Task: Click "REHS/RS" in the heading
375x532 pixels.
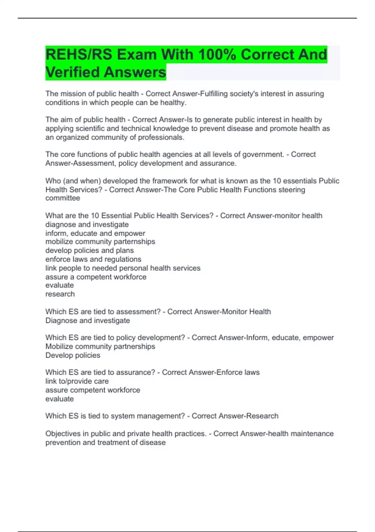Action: tap(79, 54)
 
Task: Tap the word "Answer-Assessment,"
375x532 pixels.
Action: tap(81, 163)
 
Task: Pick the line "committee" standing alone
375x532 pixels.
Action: tap(63, 198)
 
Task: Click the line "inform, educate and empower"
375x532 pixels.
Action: tap(95, 233)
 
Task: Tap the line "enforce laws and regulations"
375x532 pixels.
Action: tap(93, 259)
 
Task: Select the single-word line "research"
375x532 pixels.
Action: tap(60, 294)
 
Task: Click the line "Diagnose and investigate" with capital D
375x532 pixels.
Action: tap(87, 320)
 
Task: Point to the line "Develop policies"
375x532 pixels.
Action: tap(73, 355)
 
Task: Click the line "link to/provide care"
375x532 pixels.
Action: tap(77, 381)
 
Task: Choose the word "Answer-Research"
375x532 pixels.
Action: tap(235, 416)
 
